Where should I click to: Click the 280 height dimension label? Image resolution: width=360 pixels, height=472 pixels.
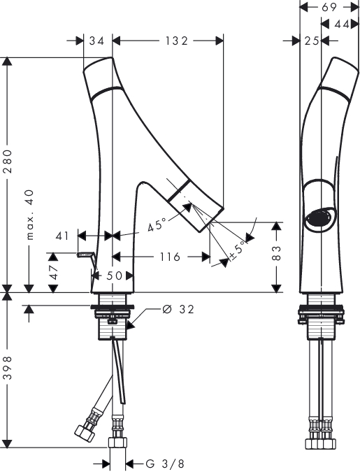click(8, 161)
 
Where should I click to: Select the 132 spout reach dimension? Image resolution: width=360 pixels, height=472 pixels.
click(176, 41)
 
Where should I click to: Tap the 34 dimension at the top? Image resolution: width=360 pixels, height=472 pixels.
click(96, 41)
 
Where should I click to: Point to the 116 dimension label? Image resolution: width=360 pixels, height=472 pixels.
click(170, 257)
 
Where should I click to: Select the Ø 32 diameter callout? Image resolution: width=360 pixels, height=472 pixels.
click(178, 309)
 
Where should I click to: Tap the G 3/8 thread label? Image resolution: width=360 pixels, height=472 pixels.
click(165, 464)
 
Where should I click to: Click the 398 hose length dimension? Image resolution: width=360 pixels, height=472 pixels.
click(8, 368)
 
